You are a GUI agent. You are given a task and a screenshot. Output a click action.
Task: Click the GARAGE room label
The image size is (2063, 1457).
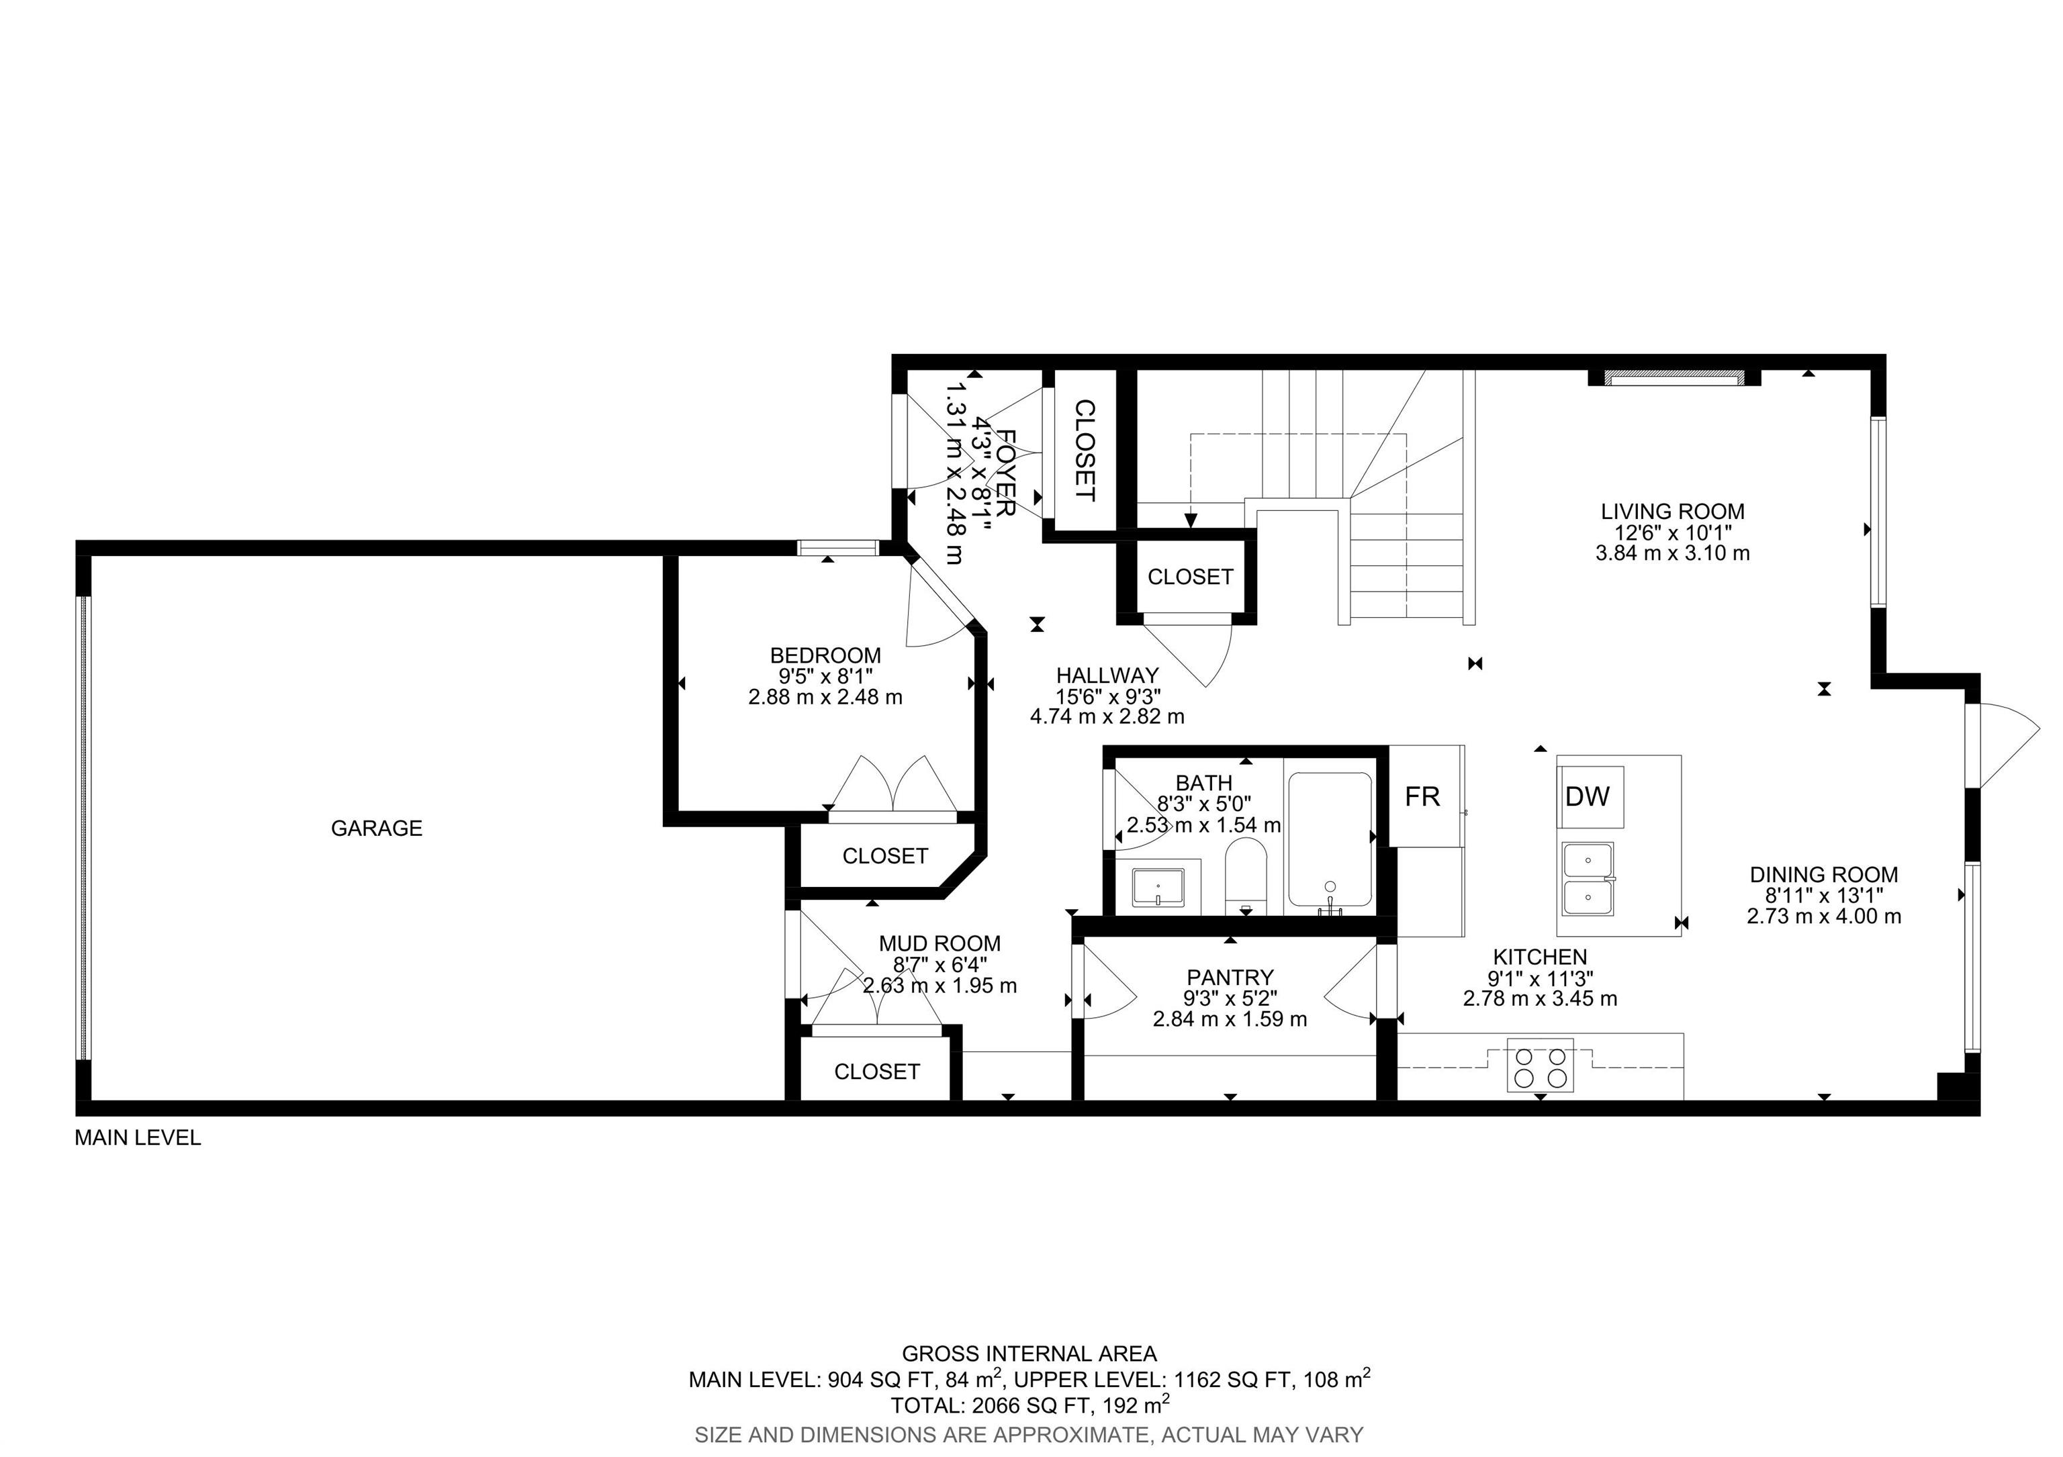(x=377, y=829)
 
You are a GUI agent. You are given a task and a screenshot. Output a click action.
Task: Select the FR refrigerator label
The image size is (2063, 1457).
(x=1422, y=797)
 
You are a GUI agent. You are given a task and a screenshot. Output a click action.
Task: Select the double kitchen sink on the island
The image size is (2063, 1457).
(x=1588, y=878)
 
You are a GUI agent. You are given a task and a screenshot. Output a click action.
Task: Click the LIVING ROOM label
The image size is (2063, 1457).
(x=1673, y=511)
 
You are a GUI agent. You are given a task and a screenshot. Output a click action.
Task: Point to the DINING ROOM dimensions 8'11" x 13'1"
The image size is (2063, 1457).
(x=1824, y=896)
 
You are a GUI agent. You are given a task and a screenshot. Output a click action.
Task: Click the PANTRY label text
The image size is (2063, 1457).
(x=1230, y=978)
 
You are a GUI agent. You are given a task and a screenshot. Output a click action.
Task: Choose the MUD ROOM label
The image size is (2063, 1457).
(x=940, y=943)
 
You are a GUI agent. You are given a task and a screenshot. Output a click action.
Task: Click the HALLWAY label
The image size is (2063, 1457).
(x=1107, y=675)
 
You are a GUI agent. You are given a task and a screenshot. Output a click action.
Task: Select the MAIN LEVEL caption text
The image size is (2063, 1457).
(x=138, y=1138)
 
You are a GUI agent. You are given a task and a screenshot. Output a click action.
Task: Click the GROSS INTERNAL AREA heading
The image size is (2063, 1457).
(x=1029, y=1353)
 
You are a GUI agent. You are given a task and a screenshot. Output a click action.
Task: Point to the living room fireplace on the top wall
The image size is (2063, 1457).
(x=1673, y=377)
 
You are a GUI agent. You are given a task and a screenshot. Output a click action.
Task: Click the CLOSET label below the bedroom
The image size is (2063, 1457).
(x=885, y=856)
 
